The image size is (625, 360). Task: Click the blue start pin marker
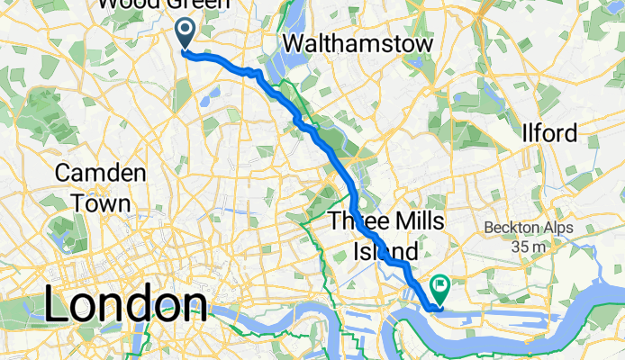click(186, 33)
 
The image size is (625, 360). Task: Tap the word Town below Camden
click(100, 202)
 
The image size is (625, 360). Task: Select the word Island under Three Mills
click(385, 249)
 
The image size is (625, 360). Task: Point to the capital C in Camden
click(64, 173)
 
